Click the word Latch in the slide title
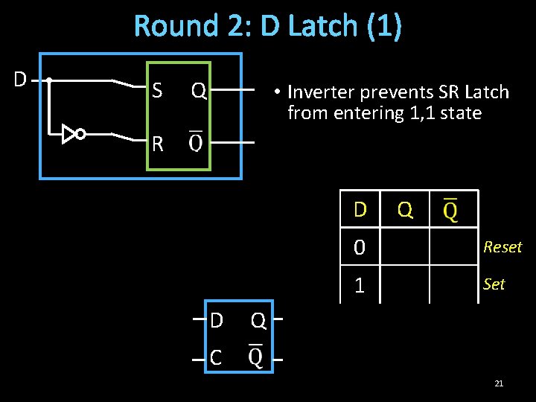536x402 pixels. point(323,26)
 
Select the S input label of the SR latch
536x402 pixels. point(156,91)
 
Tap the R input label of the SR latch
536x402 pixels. point(157,143)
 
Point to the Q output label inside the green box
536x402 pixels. point(198,91)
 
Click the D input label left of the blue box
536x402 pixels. point(21,78)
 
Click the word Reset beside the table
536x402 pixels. point(502,247)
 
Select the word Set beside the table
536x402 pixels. point(494,284)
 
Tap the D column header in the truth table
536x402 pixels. point(360,210)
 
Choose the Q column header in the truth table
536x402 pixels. point(405,210)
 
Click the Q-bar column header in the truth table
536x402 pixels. point(450,210)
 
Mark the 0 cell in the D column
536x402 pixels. point(360,247)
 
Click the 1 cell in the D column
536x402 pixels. point(360,284)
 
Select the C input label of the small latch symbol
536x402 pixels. point(216,358)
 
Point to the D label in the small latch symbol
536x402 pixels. point(216,321)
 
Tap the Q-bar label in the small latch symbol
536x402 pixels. point(255,357)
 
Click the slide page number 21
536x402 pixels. point(499,383)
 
